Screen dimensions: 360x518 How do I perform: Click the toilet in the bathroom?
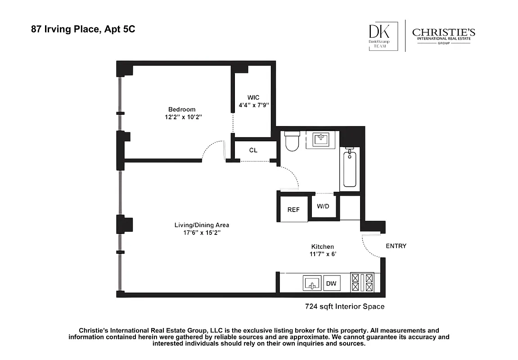coord(292,140)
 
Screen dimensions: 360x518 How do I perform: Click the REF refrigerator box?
coord(293,209)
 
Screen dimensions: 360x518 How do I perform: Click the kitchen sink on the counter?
coord(312,283)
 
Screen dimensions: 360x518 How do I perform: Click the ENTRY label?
coord(396,246)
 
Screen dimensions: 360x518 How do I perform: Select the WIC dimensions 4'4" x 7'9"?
coord(253,106)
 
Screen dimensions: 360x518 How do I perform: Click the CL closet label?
coord(253,150)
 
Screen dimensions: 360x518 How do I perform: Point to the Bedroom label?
coord(182,109)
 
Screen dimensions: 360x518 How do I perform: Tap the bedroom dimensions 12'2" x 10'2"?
coord(182,117)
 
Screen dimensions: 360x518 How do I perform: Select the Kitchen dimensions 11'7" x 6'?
coord(322,254)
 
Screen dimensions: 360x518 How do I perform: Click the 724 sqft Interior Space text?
coord(345,307)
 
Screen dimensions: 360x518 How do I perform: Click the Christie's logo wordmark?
coord(443,33)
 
